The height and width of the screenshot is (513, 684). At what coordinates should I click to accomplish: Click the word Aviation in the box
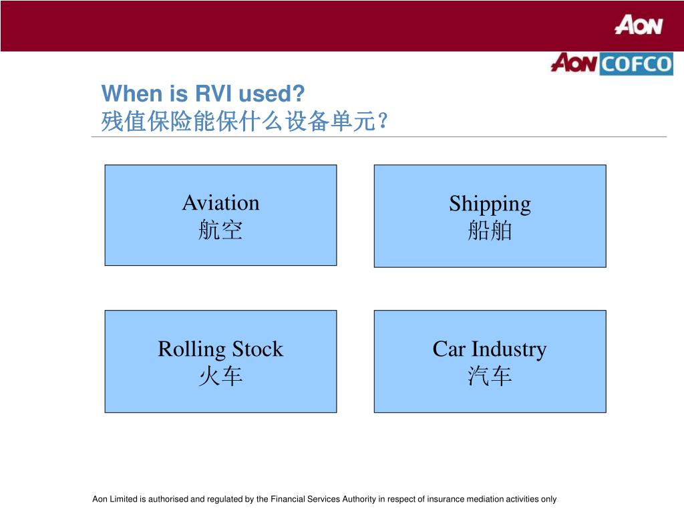pyautogui.click(x=220, y=202)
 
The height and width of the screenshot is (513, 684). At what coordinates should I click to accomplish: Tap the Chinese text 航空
pyautogui.click(x=220, y=231)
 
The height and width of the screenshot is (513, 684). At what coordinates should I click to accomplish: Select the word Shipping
pyautogui.click(x=490, y=204)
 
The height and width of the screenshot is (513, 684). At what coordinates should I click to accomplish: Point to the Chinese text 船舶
pyautogui.click(x=490, y=231)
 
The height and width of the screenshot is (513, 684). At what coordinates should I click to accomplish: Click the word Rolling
pyautogui.click(x=192, y=349)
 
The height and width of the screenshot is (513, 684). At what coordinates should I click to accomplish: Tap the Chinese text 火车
pyautogui.click(x=220, y=377)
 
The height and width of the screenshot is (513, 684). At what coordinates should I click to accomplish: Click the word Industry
pyautogui.click(x=509, y=349)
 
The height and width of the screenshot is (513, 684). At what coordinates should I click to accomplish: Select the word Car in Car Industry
pyautogui.click(x=448, y=349)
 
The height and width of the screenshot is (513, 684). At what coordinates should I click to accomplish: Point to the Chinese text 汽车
pyautogui.click(x=490, y=377)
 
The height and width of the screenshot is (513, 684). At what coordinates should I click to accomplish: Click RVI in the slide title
pyautogui.click(x=211, y=93)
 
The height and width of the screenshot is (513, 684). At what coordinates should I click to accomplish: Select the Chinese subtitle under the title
pyautogui.click(x=244, y=122)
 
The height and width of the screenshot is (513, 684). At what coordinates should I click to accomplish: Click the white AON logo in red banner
pyautogui.click(x=639, y=25)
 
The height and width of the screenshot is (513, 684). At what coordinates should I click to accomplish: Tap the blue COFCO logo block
pyautogui.click(x=635, y=64)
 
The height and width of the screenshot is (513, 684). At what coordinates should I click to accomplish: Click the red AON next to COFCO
pyautogui.click(x=574, y=63)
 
